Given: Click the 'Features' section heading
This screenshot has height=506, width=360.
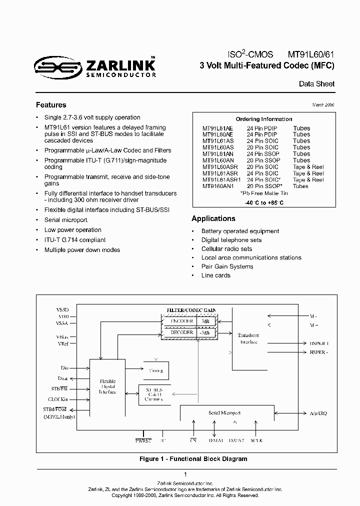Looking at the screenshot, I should [51, 105].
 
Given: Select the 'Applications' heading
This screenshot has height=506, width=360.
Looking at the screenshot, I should [213, 218].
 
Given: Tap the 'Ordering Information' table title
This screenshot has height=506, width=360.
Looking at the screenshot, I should [264, 119].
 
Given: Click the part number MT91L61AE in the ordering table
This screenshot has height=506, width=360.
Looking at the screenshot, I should [218, 128].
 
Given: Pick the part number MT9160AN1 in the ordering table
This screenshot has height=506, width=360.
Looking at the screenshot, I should [217, 186].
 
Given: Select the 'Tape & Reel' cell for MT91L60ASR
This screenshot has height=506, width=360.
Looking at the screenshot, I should [308, 166].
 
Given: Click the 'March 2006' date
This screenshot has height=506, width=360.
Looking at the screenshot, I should [323, 105].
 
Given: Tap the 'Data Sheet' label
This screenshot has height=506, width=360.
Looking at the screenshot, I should [316, 84].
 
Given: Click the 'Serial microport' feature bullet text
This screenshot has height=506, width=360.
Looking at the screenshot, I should [66, 220].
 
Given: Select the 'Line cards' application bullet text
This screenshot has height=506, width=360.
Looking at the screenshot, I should [215, 275].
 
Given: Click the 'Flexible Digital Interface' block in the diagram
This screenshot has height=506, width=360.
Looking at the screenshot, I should [108, 386].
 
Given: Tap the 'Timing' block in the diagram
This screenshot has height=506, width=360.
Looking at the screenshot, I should [156, 371].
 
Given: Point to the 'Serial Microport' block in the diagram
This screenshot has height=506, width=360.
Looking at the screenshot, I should [224, 413].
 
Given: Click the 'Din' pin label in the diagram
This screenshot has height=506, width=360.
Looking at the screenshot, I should [64, 368].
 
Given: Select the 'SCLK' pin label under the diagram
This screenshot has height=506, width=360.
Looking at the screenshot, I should [256, 440].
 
